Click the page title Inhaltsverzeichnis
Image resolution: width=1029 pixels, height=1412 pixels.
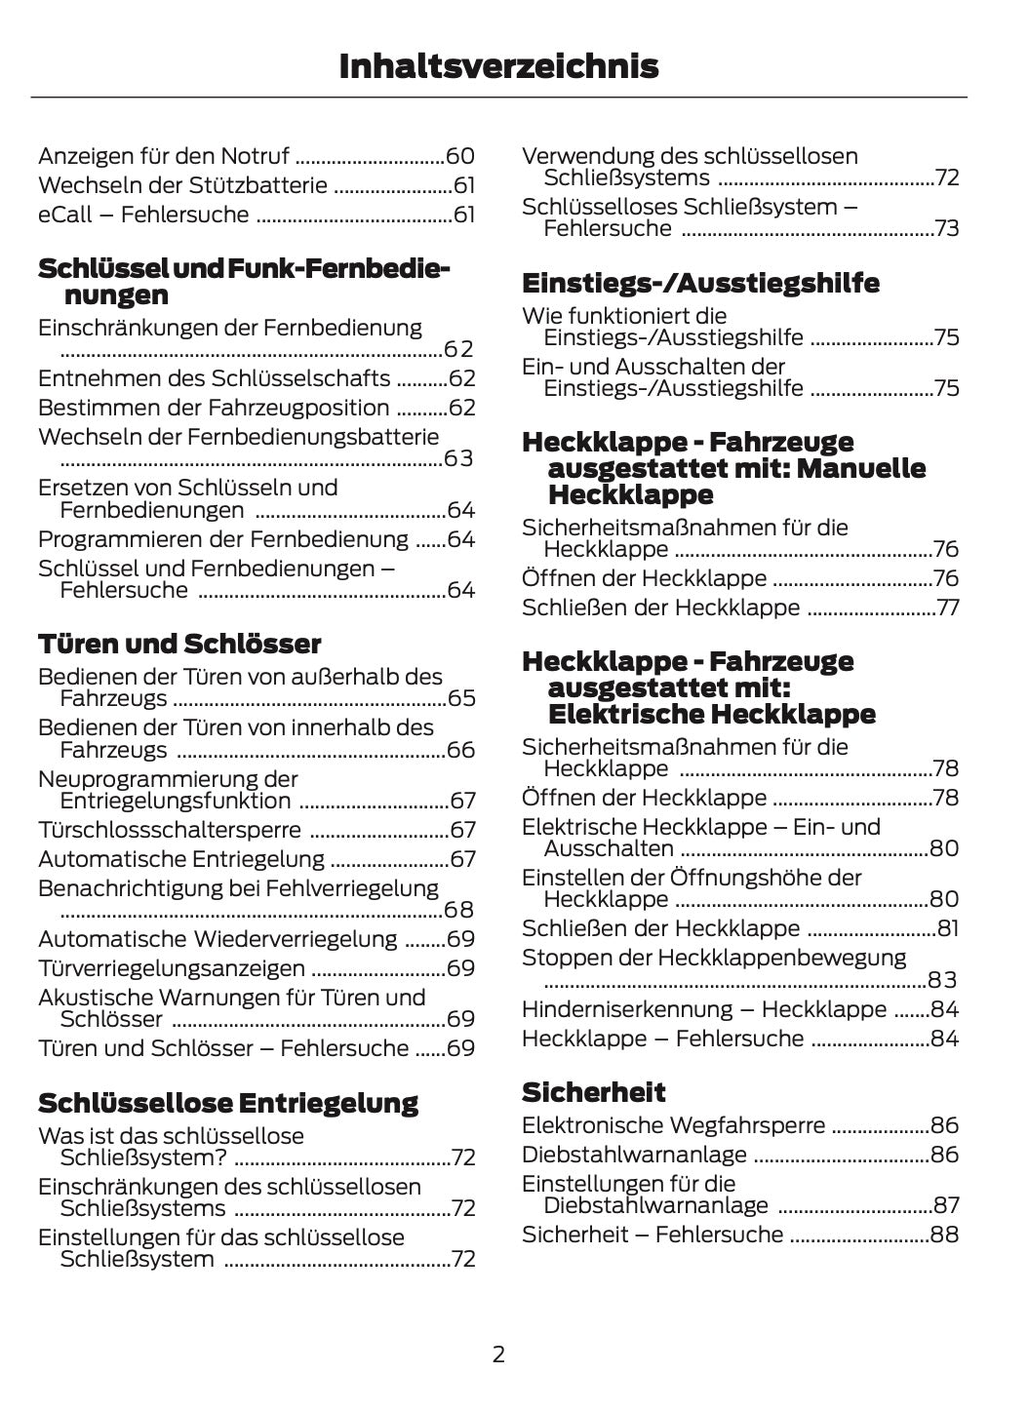(498, 66)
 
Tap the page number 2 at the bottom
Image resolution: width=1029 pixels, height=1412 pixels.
(498, 1353)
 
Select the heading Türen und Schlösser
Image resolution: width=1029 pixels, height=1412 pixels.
(179, 644)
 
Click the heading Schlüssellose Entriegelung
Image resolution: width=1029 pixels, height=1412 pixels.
(227, 1103)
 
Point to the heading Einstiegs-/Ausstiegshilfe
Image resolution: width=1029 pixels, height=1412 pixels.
(700, 283)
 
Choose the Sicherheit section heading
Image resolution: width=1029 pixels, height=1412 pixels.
(593, 1092)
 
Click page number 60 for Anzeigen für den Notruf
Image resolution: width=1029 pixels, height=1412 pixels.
(459, 156)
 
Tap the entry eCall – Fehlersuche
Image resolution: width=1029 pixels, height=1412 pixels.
(143, 215)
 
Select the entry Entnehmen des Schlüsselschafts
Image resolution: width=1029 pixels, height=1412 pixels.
(214, 378)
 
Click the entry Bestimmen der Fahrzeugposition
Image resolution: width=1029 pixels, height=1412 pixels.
(214, 408)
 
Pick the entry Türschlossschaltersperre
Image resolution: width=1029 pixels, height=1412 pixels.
(170, 830)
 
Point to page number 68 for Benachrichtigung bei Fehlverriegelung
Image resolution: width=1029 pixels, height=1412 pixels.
(458, 910)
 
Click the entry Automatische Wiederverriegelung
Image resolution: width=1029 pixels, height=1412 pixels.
(218, 939)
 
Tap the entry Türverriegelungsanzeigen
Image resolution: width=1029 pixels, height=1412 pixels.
(172, 968)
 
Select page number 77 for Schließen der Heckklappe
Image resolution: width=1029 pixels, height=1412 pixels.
(947, 608)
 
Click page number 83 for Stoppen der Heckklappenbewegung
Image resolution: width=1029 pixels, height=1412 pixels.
(942, 980)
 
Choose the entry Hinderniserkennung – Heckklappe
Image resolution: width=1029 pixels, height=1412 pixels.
(704, 1009)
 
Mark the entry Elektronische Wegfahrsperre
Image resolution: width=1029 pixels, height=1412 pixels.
(673, 1125)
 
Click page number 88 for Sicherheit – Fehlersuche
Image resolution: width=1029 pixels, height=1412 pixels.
(944, 1235)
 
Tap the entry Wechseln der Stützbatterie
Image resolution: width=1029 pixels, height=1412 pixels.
(182, 185)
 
